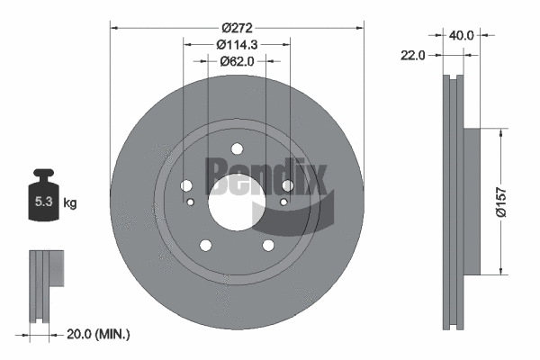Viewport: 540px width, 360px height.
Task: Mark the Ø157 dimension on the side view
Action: click(x=511, y=200)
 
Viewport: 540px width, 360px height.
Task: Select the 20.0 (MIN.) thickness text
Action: click(x=100, y=334)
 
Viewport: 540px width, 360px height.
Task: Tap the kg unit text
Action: click(x=71, y=203)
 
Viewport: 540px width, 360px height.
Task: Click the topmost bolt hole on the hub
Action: click(x=236, y=150)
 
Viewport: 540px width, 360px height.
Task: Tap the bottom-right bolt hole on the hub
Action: click(x=267, y=245)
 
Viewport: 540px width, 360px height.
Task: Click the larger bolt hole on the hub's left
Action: click(x=186, y=185)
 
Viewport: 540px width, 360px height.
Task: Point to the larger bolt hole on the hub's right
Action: click(x=288, y=185)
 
